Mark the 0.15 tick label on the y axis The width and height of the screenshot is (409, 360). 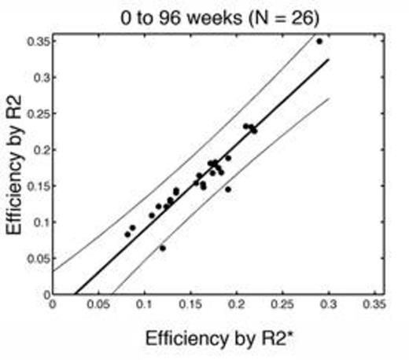pyautogui.click(x=35, y=186)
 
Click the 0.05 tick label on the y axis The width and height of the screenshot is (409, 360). pyautogui.click(x=35, y=258)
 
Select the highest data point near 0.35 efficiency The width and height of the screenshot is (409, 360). pyautogui.click(x=319, y=41)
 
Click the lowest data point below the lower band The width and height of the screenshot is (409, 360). pyautogui.click(x=163, y=248)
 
